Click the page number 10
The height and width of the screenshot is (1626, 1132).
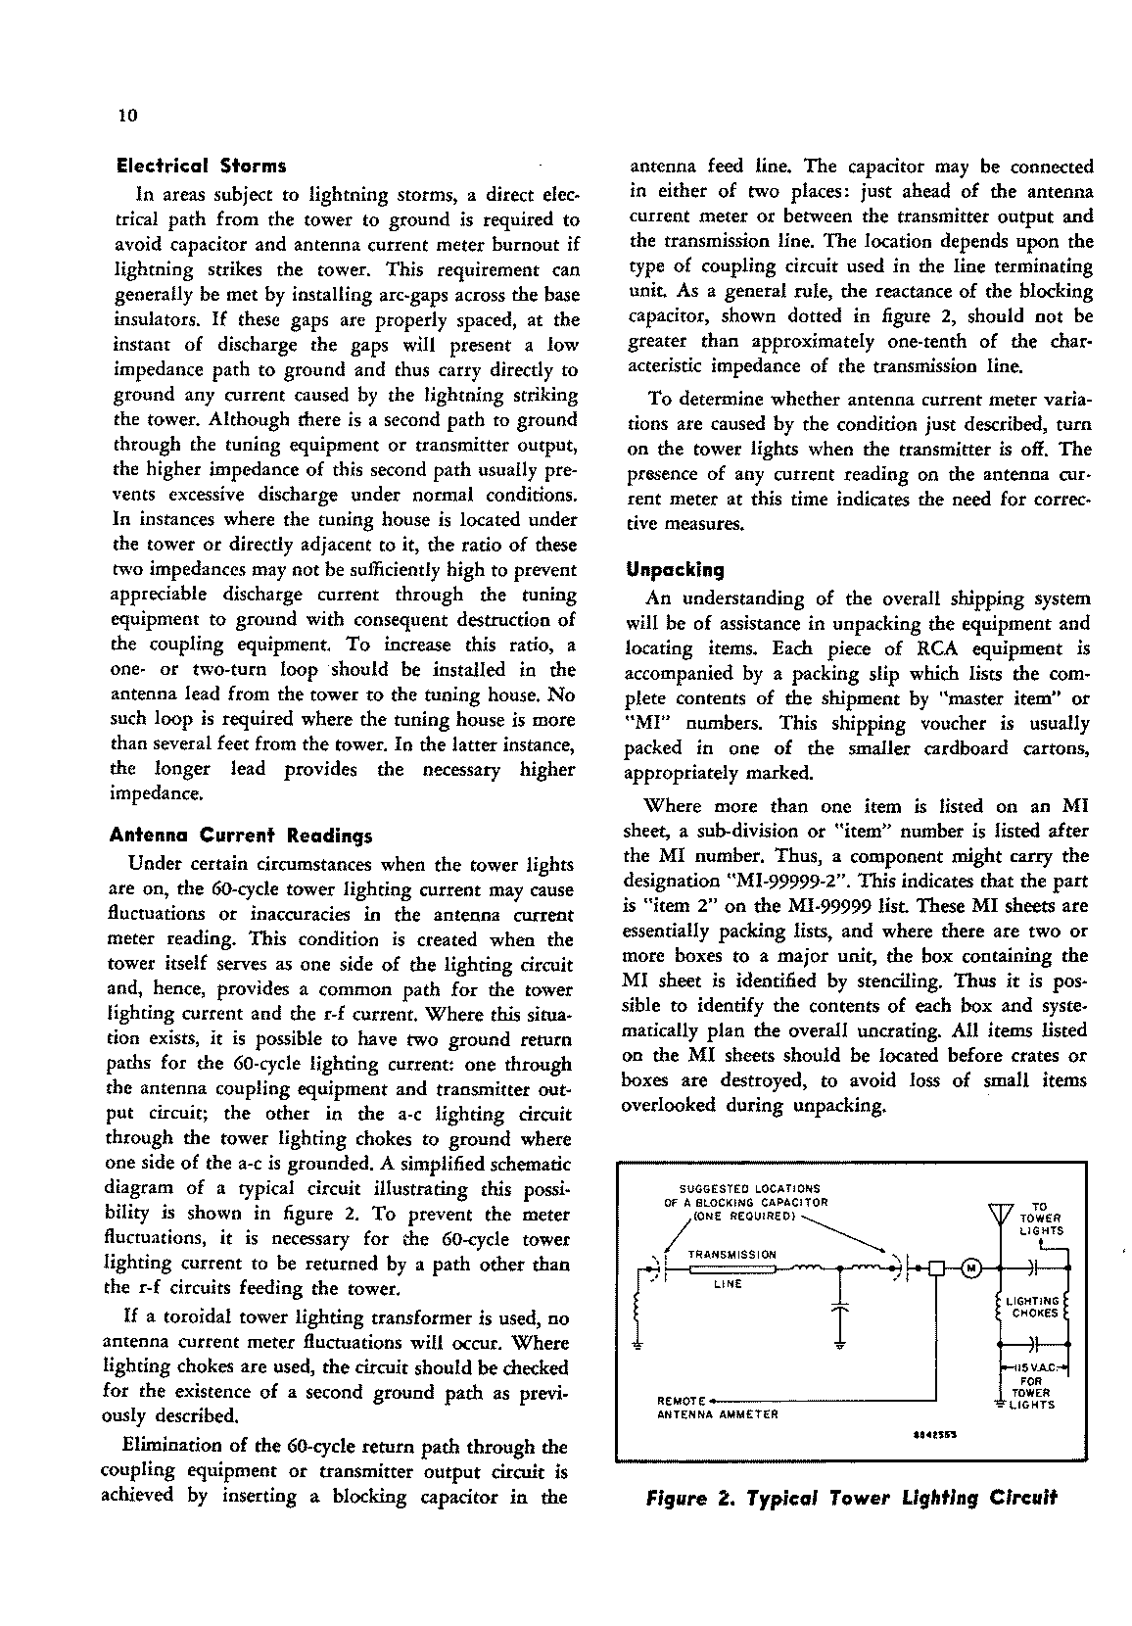point(127,116)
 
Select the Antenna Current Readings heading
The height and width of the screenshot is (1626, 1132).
point(240,837)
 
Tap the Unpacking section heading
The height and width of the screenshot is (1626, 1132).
point(676,569)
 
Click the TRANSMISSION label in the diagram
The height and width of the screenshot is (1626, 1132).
point(732,1254)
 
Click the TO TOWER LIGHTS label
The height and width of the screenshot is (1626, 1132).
point(1040,1219)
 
